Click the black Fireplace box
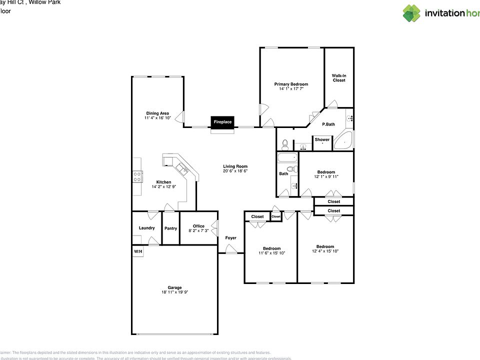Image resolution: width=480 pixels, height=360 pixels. [x=222, y=121]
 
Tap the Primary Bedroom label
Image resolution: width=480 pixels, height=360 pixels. [x=291, y=84]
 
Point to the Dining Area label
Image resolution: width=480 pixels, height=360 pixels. [x=157, y=113]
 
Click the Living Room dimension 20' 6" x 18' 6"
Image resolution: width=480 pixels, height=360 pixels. [x=235, y=171]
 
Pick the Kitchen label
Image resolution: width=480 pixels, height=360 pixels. [x=163, y=182]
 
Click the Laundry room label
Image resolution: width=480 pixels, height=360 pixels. [x=146, y=228]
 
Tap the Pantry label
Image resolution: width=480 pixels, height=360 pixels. [x=170, y=228]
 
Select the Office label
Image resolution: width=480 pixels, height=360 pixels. [x=198, y=226]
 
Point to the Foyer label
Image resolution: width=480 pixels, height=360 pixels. [x=230, y=238]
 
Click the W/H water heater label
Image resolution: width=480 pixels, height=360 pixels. [x=137, y=251]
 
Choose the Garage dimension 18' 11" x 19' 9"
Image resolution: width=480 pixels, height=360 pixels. [x=174, y=292]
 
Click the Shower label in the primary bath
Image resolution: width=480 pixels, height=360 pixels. [x=322, y=139]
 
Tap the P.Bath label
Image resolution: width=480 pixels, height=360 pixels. [x=328, y=124]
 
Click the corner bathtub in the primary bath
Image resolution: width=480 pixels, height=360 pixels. [x=344, y=141]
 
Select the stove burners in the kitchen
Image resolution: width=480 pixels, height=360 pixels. [x=136, y=176]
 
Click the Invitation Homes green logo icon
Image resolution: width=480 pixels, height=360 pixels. [x=411, y=13]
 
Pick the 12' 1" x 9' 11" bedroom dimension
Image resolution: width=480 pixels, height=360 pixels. [x=326, y=176]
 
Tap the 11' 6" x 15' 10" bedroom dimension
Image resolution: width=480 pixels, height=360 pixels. [x=272, y=253]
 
